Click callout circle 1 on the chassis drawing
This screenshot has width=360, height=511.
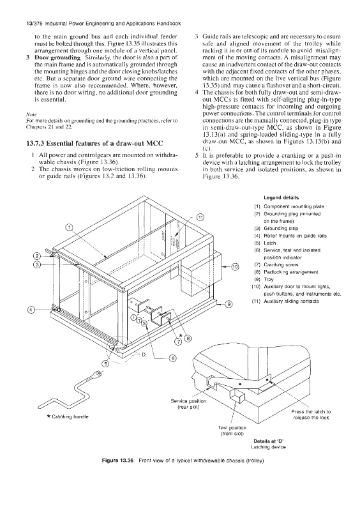point(70,228)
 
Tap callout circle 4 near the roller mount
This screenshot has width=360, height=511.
point(31,310)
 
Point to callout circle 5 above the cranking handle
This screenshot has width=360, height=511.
point(105,364)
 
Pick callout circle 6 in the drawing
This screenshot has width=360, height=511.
point(173,359)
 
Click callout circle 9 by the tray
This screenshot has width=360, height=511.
point(230,305)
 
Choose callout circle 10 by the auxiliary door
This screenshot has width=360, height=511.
point(235,268)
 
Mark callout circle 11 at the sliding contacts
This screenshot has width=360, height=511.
point(200,217)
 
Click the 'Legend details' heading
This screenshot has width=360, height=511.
point(281,197)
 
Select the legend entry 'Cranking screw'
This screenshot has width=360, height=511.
point(281,264)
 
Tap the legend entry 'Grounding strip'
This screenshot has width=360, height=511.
point(281,228)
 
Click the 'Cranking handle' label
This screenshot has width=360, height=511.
point(68,416)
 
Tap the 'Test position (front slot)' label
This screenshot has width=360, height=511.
point(232,431)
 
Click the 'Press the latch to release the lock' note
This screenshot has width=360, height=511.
point(311,415)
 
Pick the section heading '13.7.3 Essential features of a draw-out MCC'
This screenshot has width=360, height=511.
point(94,143)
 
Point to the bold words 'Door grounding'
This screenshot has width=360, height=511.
point(57,57)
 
